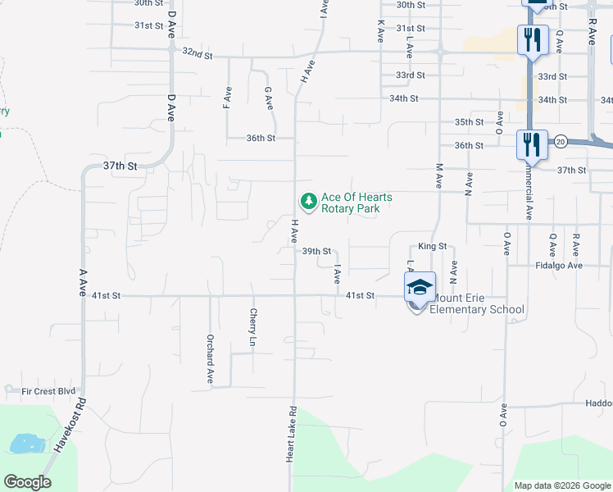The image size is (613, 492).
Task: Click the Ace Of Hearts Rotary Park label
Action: click(x=356, y=203)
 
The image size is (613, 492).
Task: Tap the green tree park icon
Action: click(x=308, y=200)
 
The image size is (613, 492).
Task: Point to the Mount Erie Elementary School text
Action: click(x=477, y=303)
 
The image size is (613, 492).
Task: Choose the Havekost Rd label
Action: click(x=70, y=427)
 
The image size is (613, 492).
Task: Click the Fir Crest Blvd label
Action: click(x=49, y=392)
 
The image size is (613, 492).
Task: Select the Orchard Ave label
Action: click(x=210, y=349)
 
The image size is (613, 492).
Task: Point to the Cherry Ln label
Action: click(x=253, y=326)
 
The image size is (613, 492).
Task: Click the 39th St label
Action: click(x=316, y=252)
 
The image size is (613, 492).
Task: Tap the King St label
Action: click(x=432, y=246)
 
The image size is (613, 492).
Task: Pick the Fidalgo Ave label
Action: click(x=558, y=266)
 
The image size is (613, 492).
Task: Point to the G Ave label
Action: click(x=268, y=99)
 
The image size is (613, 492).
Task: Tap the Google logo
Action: click(x=27, y=482)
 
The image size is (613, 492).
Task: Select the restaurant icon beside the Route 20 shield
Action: click(x=532, y=144)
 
